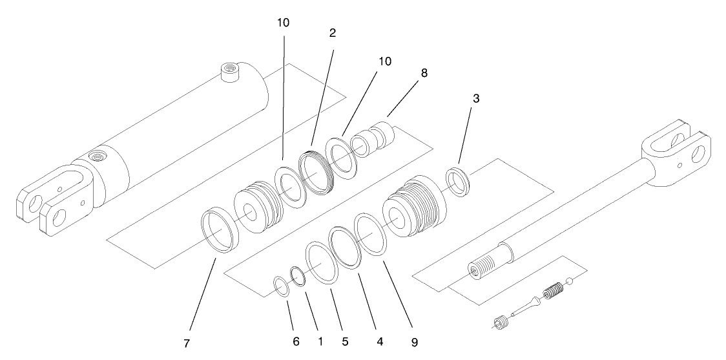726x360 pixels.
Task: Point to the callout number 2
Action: (333, 33)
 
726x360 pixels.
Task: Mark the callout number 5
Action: (345, 340)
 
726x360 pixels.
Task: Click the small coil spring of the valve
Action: (552, 291)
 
